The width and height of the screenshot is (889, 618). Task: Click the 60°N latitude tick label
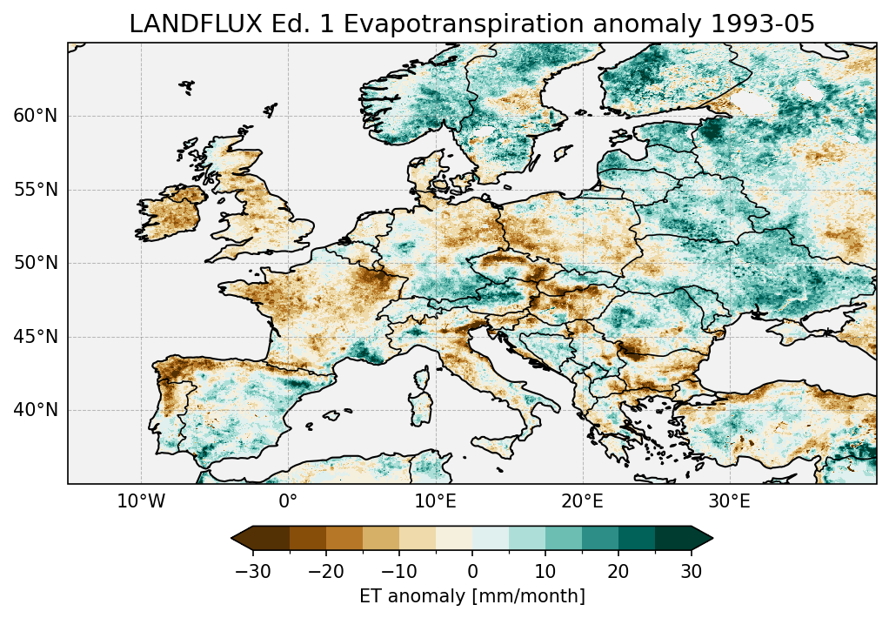(x=35, y=116)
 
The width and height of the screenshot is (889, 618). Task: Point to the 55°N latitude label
(x=35, y=190)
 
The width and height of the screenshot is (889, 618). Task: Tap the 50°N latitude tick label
(x=35, y=263)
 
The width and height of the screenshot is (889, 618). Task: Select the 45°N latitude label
(x=35, y=337)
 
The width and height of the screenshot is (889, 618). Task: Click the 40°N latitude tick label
(x=35, y=410)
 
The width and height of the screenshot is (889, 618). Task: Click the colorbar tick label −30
(x=252, y=572)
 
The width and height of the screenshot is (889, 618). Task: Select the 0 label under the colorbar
(x=472, y=572)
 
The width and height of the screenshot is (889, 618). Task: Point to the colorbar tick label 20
(x=618, y=572)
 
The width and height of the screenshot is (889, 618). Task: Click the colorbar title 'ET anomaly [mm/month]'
(x=472, y=596)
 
